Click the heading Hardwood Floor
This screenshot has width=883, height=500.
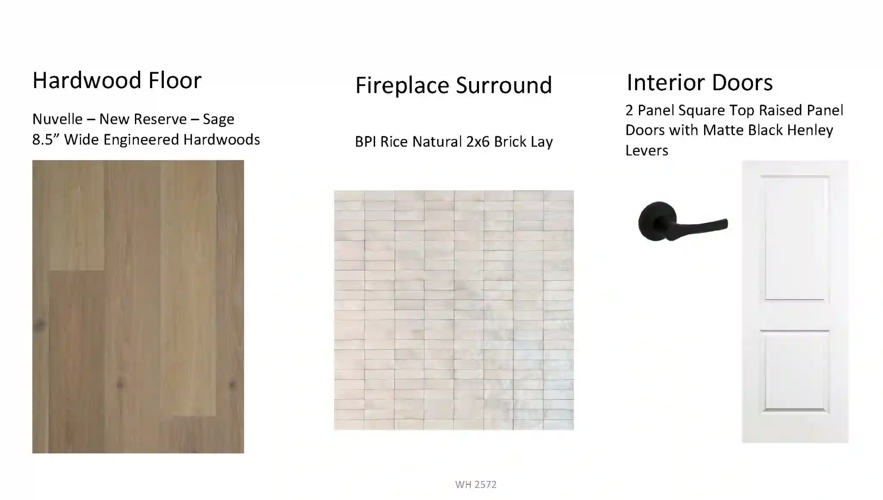tap(117, 80)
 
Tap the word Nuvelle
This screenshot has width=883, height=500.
tap(57, 119)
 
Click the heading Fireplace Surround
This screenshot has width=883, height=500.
tap(454, 85)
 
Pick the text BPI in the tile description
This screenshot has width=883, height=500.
tap(366, 142)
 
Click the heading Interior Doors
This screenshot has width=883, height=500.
tap(699, 82)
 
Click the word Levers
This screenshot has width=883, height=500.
tap(647, 150)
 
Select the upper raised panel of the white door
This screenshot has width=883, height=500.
tap(797, 238)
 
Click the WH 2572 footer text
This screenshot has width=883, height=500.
tap(476, 484)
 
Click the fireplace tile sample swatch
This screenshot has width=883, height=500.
tap(454, 310)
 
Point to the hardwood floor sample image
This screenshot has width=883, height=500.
tap(138, 307)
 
